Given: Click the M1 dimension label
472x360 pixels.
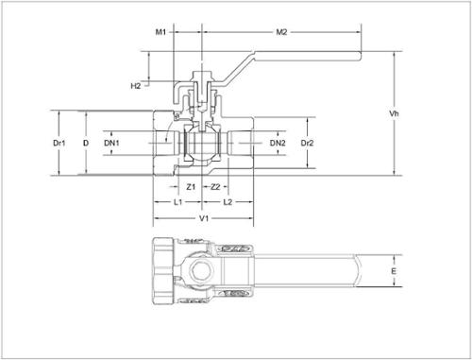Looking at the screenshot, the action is click(x=160, y=32).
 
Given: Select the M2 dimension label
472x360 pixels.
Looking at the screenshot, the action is click(x=281, y=32).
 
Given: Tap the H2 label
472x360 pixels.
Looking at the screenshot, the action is click(x=136, y=86).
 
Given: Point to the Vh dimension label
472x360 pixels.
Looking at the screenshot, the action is click(x=394, y=113).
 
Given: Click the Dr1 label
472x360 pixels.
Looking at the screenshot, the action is click(x=59, y=143).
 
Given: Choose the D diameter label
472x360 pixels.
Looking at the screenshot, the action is click(x=86, y=143).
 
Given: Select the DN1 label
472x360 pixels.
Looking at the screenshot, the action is click(x=111, y=143).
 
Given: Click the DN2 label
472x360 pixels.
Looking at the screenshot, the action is click(x=278, y=143).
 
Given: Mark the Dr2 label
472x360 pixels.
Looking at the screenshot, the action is click(x=307, y=143).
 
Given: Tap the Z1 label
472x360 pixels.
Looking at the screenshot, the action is click(x=191, y=187).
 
